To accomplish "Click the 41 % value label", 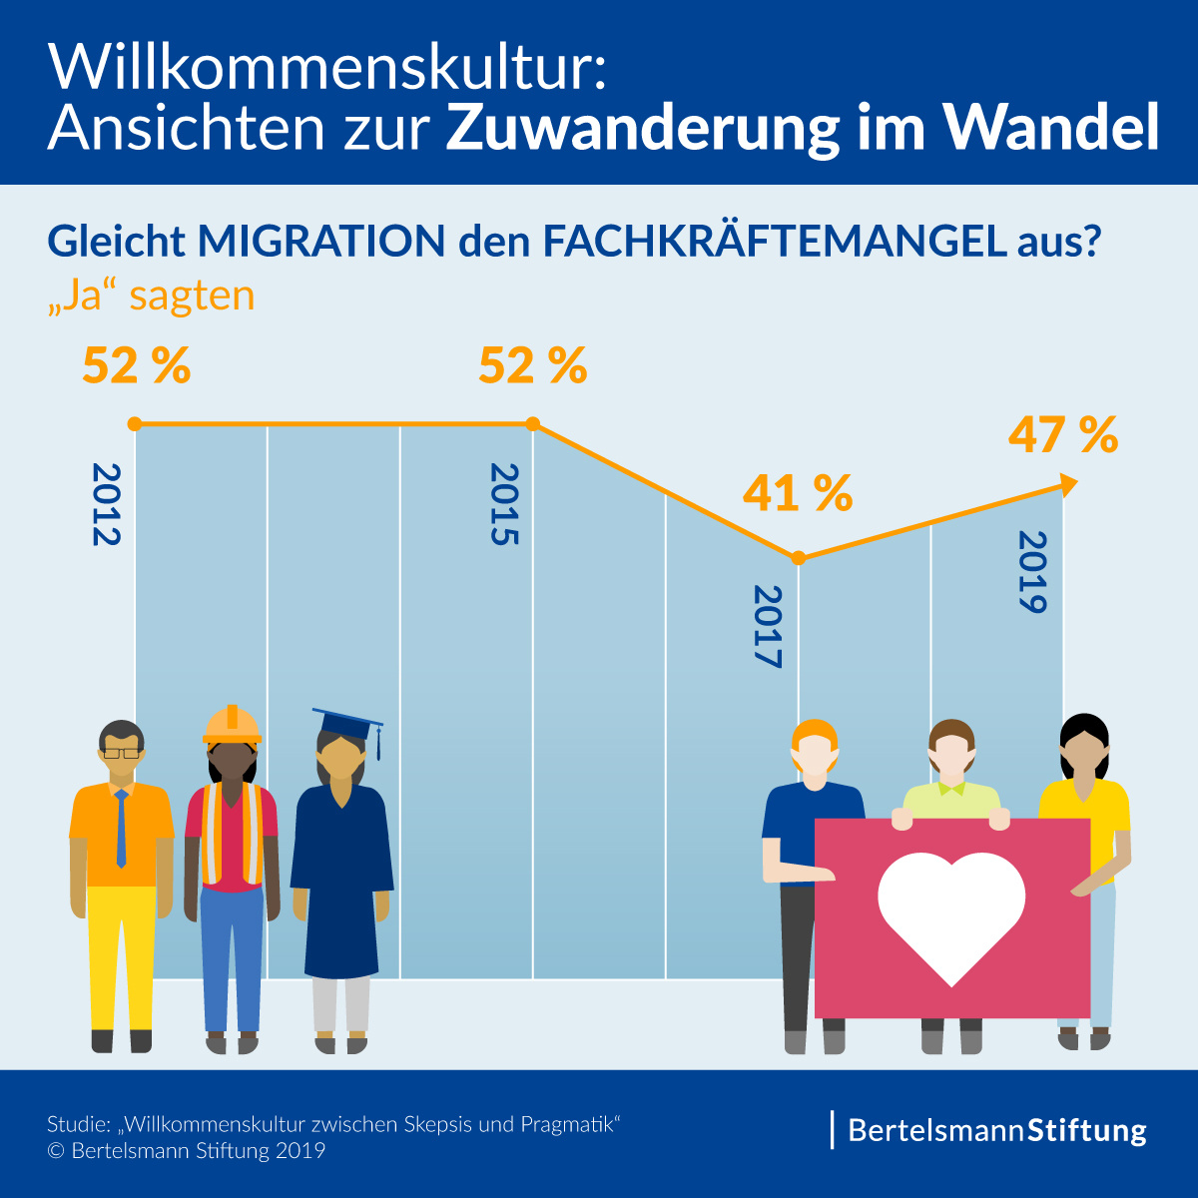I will (x=797, y=493).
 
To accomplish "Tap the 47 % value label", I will (x=1062, y=435).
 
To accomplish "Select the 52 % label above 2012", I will (x=136, y=366).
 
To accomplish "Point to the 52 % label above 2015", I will (x=532, y=366).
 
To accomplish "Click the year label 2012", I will (x=105, y=504).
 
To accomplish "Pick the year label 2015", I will (x=504, y=504).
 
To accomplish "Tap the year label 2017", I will (x=767, y=626).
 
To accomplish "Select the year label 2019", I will (x=1031, y=572).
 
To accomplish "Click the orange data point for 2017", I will (x=798, y=558).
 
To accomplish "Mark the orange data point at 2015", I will (x=533, y=424).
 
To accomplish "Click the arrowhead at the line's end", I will (x=1068, y=484).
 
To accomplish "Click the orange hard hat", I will (x=232, y=725).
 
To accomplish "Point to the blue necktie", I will (x=122, y=828).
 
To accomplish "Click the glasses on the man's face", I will (x=122, y=752).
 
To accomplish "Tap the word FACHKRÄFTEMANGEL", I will (x=774, y=242).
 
